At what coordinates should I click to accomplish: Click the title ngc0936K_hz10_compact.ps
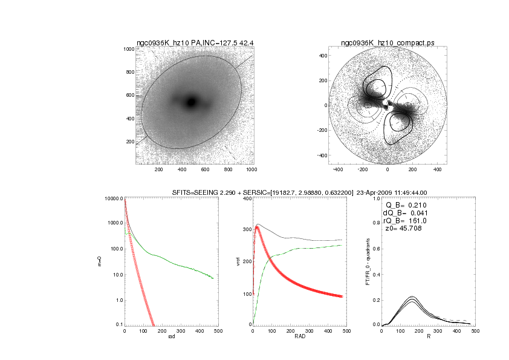tap(387, 43)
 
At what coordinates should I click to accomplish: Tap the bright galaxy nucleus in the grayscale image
tap(192, 102)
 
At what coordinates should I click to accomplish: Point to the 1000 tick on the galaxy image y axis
tap(128, 49)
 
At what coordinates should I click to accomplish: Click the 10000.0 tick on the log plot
tap(114, 198)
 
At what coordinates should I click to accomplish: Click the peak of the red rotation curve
tap(257, 227)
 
